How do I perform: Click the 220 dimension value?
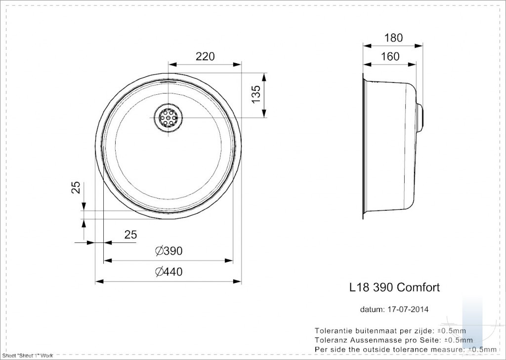point(205,56)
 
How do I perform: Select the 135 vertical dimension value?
point(256,94)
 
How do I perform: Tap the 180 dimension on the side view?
point(394,38)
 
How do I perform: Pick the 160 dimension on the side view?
point(390,56)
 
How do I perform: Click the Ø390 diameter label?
point(169,251)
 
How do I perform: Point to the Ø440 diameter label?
point(169,272)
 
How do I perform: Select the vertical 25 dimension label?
point(76,188)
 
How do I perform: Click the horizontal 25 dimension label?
point(130,235)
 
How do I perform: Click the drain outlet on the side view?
point(420,117)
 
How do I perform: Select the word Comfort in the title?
point(418,287)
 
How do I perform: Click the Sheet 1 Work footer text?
point(28,356)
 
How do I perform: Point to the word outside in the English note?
point(379,349)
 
